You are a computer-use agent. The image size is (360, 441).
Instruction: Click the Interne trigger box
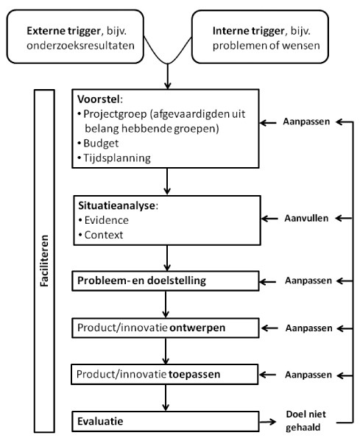pos(271,38)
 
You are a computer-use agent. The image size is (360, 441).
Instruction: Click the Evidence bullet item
pos(105,219)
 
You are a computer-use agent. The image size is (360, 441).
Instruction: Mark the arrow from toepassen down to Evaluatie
pos(168,398)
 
